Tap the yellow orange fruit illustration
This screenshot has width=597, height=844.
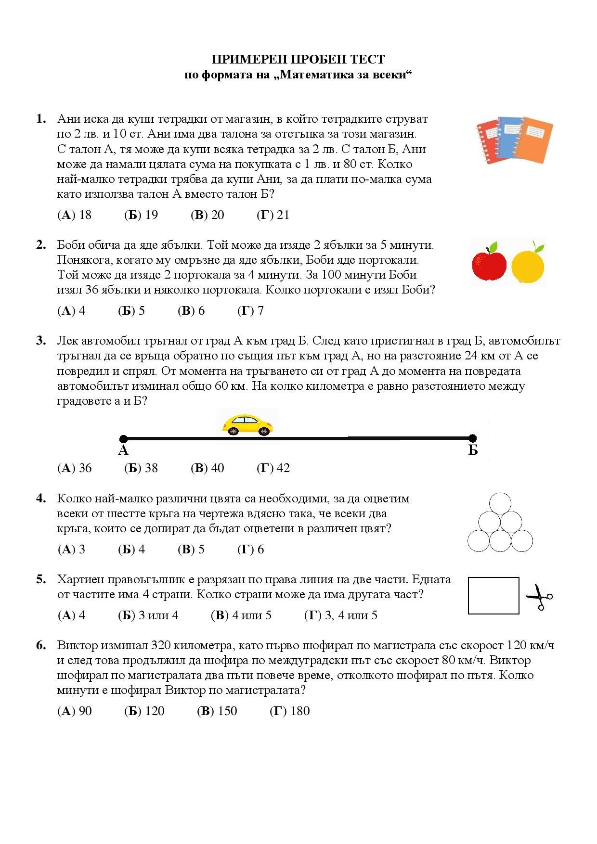tap(528, 264)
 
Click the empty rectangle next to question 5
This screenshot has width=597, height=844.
tap(493, 596)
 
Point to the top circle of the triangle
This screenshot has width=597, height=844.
tap(500, 503)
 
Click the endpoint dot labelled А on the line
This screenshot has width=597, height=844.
tap(123, 438)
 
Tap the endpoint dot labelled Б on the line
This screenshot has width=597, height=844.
tap(472, 438)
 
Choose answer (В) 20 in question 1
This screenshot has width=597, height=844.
tap(208, 215)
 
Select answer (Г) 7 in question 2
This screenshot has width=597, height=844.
tap(250, 311)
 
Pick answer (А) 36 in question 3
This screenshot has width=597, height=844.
tap(75, 468)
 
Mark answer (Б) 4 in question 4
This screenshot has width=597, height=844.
tap(131, 550)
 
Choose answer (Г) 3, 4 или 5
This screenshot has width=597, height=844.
tap(340, 615)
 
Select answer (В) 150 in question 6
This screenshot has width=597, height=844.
tap(217, 711)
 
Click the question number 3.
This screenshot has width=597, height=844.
tap(41, 341)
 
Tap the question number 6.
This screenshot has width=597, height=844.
tap(41, 645)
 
